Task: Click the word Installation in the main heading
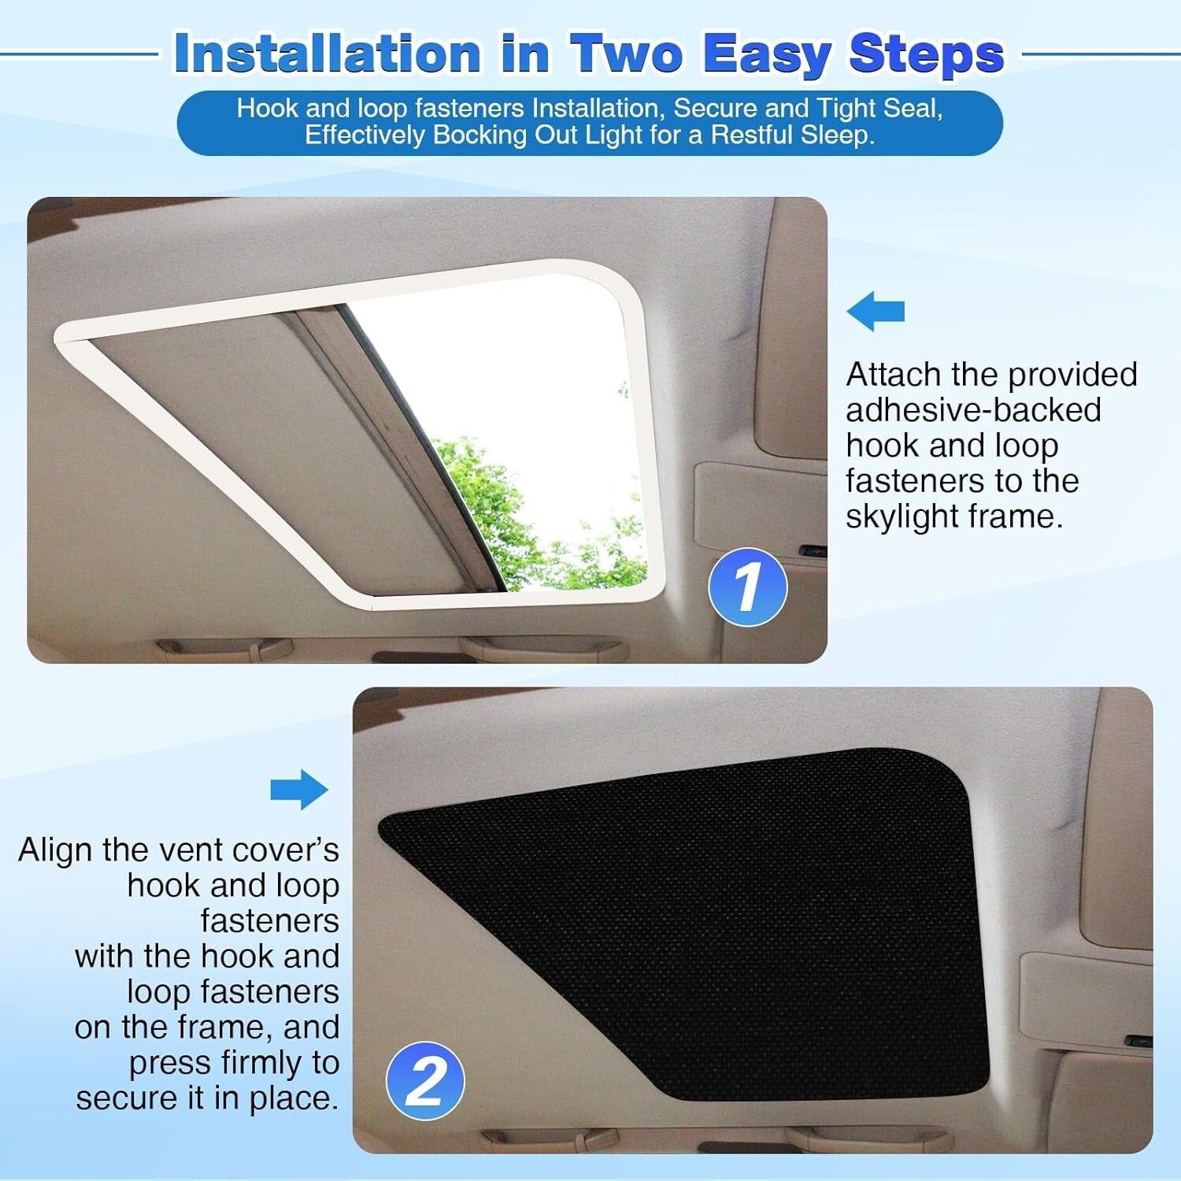pos(327,54)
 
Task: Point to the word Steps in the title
pos(927,54)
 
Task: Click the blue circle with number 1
pos(747,587)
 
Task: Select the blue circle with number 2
pos(425,1080)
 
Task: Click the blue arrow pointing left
pos(876,311)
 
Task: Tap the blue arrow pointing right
pos(299,789)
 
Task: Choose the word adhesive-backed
pos(973,410)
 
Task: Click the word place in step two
pos(293,1098)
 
